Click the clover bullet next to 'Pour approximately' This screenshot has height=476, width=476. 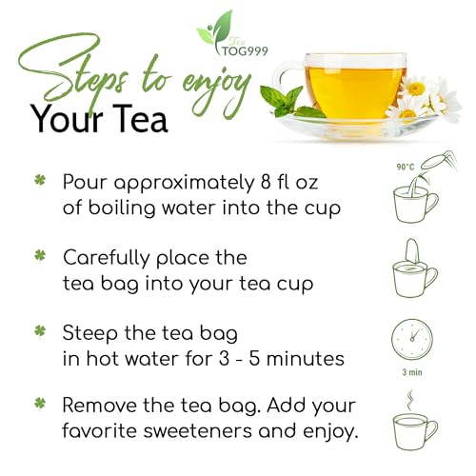[x=40, y=180]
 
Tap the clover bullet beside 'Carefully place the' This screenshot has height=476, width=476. [x=40, y=257]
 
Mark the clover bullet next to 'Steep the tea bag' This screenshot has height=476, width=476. [x=40, y=333]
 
